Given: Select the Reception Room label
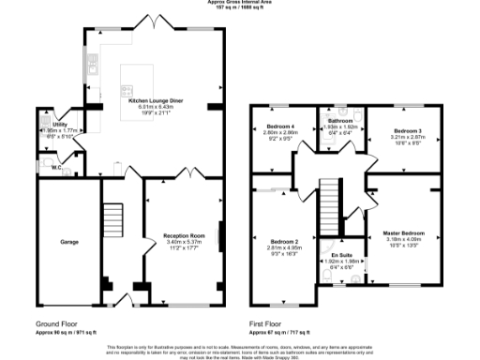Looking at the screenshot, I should coord(184,235).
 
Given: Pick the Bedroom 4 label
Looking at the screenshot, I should coord(280,127).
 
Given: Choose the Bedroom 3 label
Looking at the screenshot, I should coord(408,130).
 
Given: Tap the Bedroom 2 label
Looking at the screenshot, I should coord(284,241).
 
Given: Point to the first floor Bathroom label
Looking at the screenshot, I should coord(341,120).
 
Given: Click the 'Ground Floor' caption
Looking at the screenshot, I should coord(58,324).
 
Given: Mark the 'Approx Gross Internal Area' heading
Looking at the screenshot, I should coord(240,3).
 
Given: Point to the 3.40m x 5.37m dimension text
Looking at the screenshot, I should coord(184,242).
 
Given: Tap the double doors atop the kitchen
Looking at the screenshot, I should coord(154,22).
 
